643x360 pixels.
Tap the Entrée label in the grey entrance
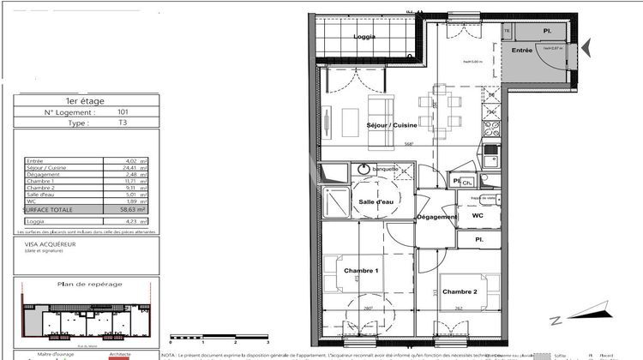pyautogui.click(x=522, y=51)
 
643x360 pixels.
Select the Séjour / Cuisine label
pyautogui.click(x=392, y=125)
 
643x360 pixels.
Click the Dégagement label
pyautogui.click(x=436, y=217)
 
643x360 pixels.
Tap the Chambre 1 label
pyautogui.click(x=361, y=270)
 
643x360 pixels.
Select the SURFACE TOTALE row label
pyautogui.click(x=49, y=208)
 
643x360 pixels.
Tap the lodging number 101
pyautogui.click(x=123, y=112)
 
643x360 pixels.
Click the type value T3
pyautogui.click(x=123, y=123)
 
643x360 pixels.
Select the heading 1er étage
pyautogui.click(x=87, y=100)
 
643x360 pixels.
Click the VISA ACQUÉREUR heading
pyautogui.click(x=51, y=243)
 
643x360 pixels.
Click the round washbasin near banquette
pyautogui.click(x=361, y=170)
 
